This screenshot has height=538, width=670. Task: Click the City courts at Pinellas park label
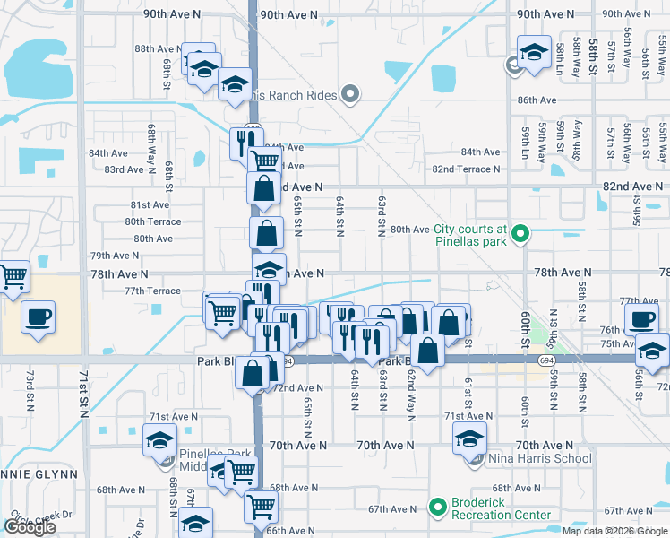(471, 235)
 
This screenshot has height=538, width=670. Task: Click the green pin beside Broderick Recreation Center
(437, 508)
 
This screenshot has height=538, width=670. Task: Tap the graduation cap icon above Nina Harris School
(468, 440)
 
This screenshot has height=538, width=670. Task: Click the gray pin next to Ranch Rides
(350, 93)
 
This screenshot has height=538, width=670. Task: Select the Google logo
(30, 526)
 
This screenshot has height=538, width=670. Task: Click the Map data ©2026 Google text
(614, 531)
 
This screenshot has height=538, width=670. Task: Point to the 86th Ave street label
(537, 100)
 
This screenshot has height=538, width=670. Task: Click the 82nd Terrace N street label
(466, 169)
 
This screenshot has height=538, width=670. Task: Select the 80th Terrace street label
(153, 221)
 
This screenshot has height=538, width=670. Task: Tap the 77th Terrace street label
(152, 291)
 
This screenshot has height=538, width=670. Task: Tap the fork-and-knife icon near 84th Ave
(243, 140)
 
